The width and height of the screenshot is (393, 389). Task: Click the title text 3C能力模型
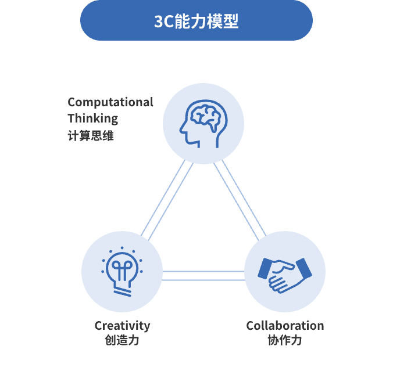click(196, 21)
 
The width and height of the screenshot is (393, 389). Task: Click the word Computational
click(110, 102)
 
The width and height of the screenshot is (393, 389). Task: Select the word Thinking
click(92, 118)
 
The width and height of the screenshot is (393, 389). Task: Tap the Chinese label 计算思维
click(90, 136)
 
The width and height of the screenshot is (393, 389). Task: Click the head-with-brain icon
click(203, 123)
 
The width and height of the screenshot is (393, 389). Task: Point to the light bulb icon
click(122, 272)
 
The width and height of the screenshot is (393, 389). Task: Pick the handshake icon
click(284, 272)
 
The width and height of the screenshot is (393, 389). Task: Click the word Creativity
click(122, 326)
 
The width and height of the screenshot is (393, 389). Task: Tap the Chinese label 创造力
click(122, 340)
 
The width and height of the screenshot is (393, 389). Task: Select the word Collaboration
click(285, 326)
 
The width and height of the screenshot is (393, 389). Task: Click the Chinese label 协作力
click(285, 340)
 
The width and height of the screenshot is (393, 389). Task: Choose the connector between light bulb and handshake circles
click(203, 275)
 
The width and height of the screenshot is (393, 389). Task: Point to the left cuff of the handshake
click(265, 268)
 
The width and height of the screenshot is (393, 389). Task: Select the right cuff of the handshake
click(304, 268)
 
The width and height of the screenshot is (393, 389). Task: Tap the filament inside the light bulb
click(122, 268)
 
